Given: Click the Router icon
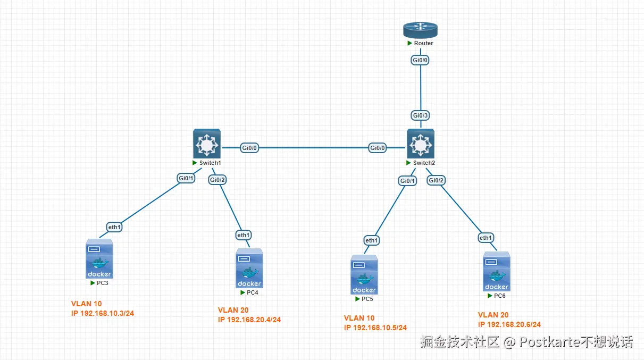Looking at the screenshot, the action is click(420, 30).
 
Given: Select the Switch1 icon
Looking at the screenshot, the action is click(207, 144).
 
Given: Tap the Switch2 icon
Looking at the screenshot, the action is click(420, 144).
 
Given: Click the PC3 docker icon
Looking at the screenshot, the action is click(99, 258).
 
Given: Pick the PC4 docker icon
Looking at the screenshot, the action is click(249, 268).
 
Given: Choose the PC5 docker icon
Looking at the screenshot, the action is click(364, 274).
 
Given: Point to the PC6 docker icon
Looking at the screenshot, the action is click(497, 271).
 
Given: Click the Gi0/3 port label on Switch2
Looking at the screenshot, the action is click(420, 115).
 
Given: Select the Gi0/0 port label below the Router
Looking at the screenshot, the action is click(420, 60).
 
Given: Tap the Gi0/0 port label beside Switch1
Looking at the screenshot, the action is click(249, 148).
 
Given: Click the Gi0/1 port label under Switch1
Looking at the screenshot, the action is click(186, 178).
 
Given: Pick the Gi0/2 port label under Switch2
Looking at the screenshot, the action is click(436, 180).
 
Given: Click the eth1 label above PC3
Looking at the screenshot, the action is click(114, 227).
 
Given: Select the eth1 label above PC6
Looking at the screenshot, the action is click(486, 238).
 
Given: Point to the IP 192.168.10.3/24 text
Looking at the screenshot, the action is click(103, 313).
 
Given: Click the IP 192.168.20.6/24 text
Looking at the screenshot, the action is click(509, 324).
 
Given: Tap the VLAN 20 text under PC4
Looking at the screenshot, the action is click(233, 310).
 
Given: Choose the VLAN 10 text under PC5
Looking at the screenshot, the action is click(359, 318).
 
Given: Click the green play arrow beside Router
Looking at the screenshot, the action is click(409, 43).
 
